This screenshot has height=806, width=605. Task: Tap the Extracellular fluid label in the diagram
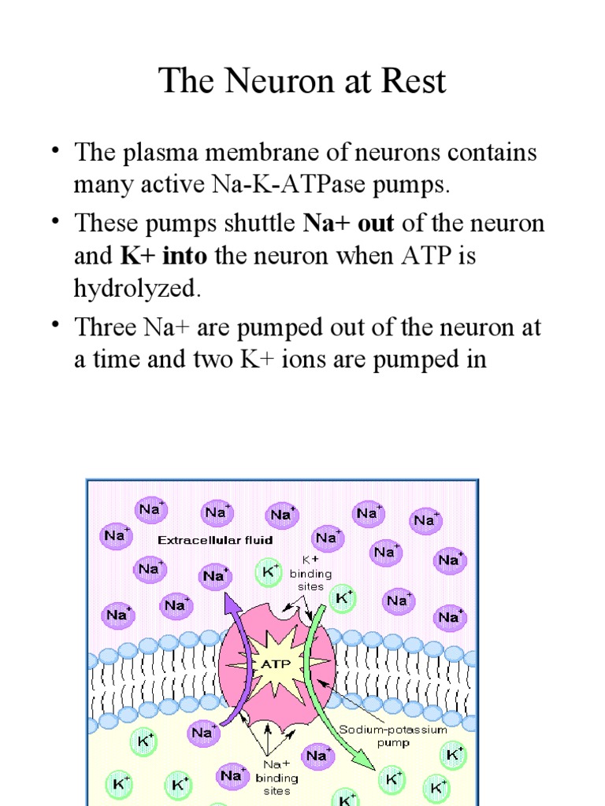(x=215, y=540)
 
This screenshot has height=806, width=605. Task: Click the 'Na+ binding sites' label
(x=277, y=778)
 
